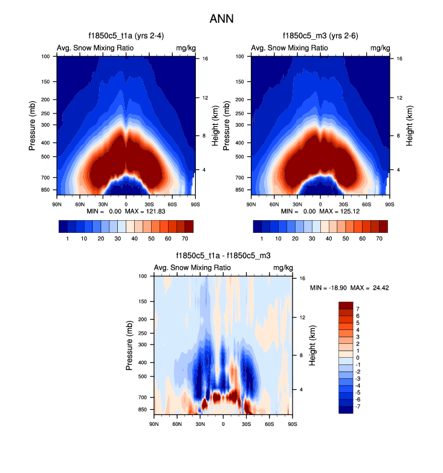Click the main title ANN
221,19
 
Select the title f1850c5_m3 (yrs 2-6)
320,36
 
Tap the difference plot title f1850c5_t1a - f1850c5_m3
223,256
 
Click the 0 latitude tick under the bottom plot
223,424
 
